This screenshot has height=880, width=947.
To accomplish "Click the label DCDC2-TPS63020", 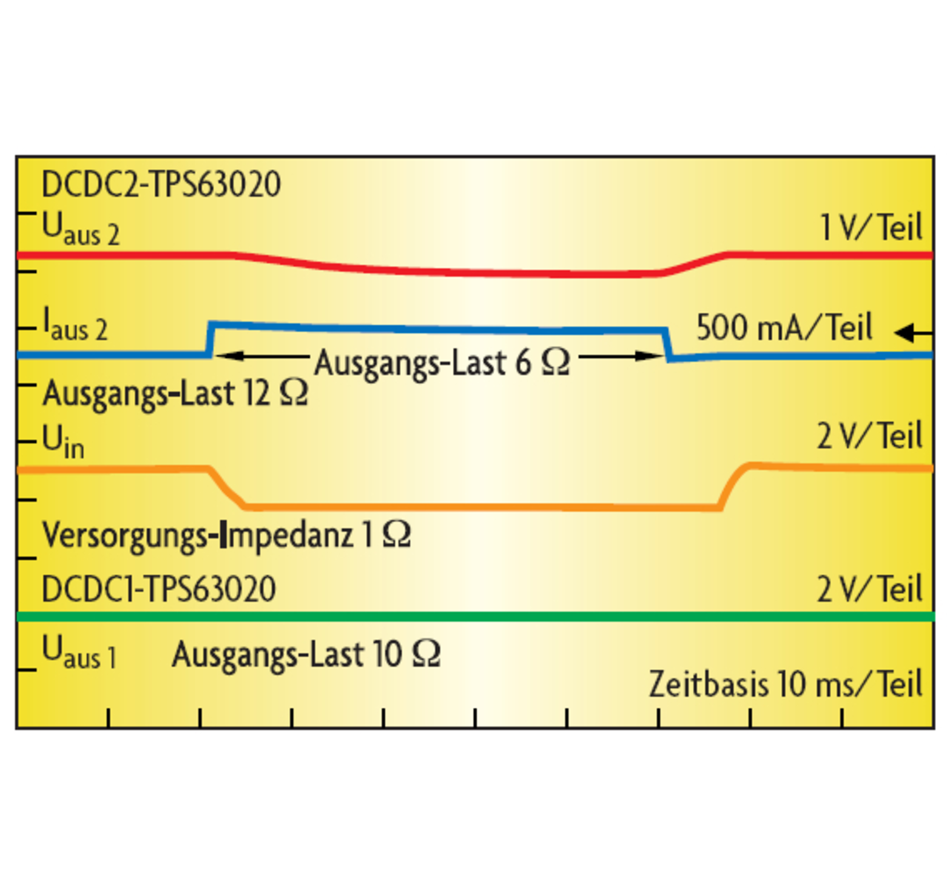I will [161, 184].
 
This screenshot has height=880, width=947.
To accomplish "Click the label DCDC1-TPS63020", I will [159, 589].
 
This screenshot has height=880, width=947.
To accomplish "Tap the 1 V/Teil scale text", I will [871, 227].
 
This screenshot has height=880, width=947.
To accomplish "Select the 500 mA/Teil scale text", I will [784, 327].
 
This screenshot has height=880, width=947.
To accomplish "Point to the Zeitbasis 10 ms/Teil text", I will [786, 684].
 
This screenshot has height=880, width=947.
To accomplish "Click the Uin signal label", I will [63, 441].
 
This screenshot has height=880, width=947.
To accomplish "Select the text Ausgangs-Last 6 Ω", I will [442, 362].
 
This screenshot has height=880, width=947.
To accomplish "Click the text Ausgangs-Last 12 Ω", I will [175, 393].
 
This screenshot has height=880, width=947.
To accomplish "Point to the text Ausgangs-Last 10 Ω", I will [306, 654].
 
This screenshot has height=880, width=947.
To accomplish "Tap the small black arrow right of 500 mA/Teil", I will [913, 333].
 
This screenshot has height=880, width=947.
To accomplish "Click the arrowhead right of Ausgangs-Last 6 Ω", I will [654, 356].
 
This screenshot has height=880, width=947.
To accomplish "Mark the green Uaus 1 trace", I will [473, 616].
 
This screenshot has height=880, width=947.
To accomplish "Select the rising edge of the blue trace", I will [210, 339].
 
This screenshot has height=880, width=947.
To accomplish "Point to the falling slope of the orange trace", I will [228, 489].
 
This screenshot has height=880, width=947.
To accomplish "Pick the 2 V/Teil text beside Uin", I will [869, 436].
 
